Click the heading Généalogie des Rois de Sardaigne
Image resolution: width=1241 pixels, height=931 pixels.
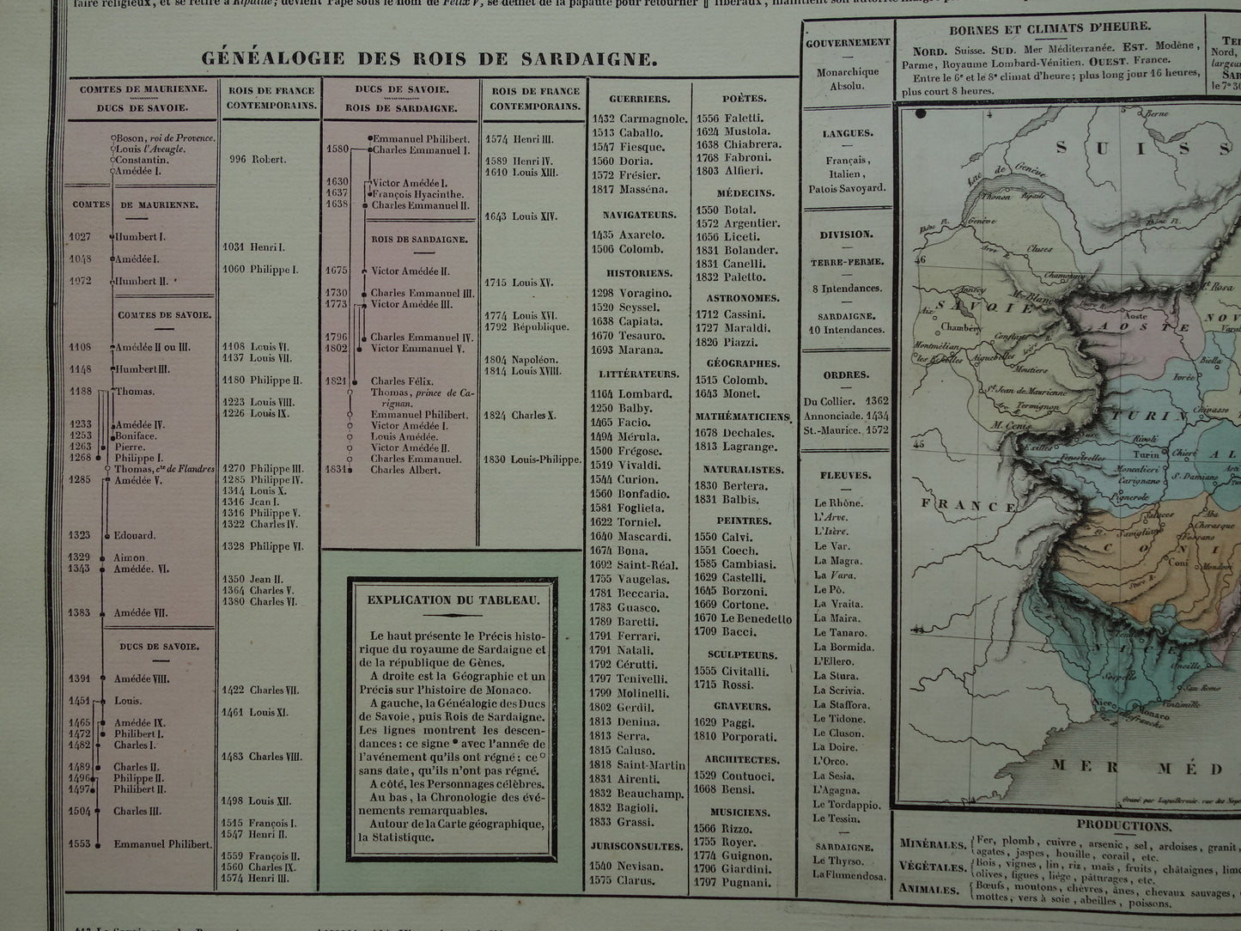pos(429,58)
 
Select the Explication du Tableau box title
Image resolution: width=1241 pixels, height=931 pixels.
pos(453,600)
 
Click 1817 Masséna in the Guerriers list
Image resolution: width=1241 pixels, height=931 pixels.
pos(630,189)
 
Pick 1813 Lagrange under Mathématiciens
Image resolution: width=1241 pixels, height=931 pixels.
pos(735,447)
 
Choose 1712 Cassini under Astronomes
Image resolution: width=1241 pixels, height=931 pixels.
pos(731,314)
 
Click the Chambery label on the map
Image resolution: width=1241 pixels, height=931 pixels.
pos(959,327)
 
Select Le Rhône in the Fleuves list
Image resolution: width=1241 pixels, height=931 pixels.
pos(838,503)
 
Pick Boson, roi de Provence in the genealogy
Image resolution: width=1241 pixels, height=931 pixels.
pos(164,137)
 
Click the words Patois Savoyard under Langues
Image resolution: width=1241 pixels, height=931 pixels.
pos(846,187)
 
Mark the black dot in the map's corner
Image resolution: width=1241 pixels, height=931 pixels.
pos(922,113)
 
